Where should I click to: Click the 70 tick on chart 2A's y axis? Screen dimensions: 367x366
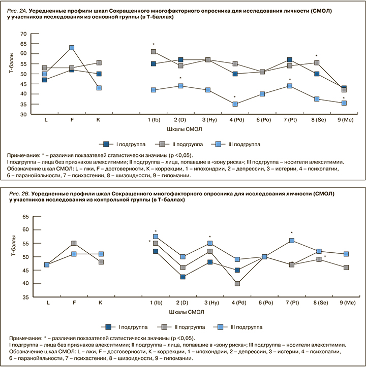[23, 34]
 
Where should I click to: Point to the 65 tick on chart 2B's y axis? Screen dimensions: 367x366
[23, 217]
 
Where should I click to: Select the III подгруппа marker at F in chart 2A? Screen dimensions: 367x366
[72, 48]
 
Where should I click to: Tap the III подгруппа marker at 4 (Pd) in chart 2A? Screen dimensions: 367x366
[235, 104]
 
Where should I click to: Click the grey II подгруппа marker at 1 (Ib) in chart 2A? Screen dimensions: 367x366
[153, 52]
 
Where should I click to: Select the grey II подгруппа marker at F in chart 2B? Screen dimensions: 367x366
[74, 243]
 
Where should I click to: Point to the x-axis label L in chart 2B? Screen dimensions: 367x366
[47, 303]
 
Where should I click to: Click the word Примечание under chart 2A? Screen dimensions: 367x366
[25, 155]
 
